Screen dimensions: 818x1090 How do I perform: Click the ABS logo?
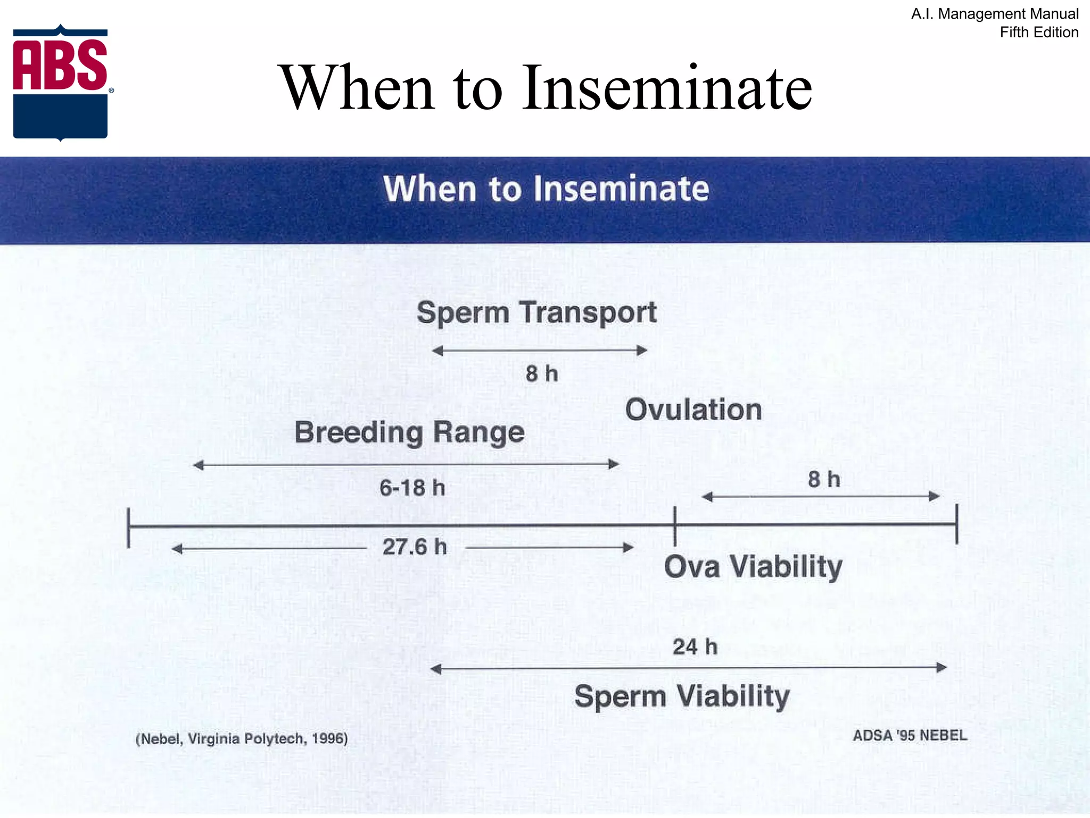(61, 83)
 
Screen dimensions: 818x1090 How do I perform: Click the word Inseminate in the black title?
(666, 88)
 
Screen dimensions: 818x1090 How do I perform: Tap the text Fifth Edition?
(1038, 32)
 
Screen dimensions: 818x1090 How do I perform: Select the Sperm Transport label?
(536, 313)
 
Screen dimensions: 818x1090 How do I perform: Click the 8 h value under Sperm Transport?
(541, 373)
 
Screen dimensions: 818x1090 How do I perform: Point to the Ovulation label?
(693, 410)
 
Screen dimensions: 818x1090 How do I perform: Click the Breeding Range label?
(409, 432)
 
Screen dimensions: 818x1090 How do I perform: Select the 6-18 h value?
(412, 488)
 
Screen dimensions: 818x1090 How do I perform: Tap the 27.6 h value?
(415, 547)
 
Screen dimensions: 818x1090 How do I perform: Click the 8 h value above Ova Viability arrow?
(823, 479)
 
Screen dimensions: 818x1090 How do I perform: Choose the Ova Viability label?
(753, 567)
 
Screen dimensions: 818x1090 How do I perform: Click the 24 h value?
(695, 647)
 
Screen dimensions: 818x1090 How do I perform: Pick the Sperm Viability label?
(682, 697)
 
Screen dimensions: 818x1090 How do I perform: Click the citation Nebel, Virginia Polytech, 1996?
(242, 739)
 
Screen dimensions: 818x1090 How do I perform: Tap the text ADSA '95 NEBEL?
(910, 735)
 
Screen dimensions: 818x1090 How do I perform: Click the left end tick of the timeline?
(128, 527)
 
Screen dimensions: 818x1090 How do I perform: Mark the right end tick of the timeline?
(956, 524)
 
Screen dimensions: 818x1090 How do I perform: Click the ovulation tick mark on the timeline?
(675, 525)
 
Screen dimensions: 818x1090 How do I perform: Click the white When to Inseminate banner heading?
(546, 189)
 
